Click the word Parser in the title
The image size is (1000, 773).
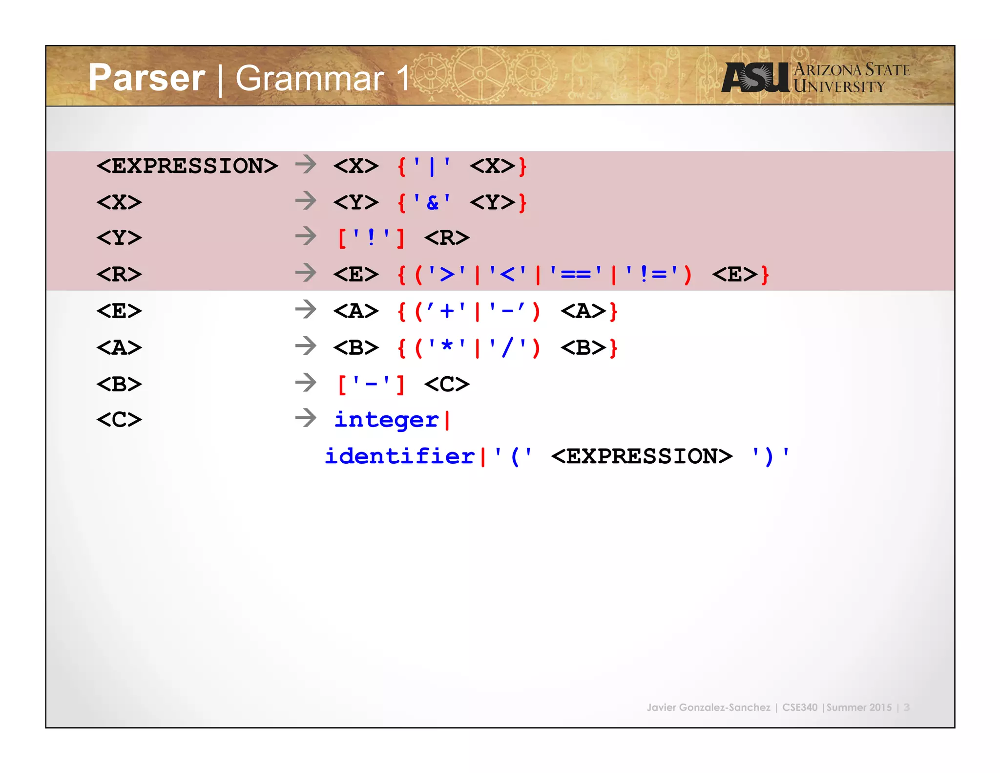point(146,78)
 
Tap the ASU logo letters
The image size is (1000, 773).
point(755,77)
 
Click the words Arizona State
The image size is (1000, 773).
point(852,69)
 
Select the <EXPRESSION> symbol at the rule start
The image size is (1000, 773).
point(187,166)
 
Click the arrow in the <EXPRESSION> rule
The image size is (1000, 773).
point(306,164)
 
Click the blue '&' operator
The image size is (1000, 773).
point(432,202)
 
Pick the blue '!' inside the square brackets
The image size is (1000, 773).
point(371,238)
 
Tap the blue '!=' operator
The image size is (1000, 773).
point(651,274)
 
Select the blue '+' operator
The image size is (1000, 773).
point(446,311)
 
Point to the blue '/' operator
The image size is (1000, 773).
point(508,347)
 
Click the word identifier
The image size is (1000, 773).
point(399,456)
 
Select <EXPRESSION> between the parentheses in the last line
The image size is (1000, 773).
point(642,456)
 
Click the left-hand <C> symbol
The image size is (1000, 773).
point(119,420)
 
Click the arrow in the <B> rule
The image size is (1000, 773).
point(306,383)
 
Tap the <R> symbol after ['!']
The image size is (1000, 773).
point(447,238)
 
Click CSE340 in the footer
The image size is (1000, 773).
point(799,707)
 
